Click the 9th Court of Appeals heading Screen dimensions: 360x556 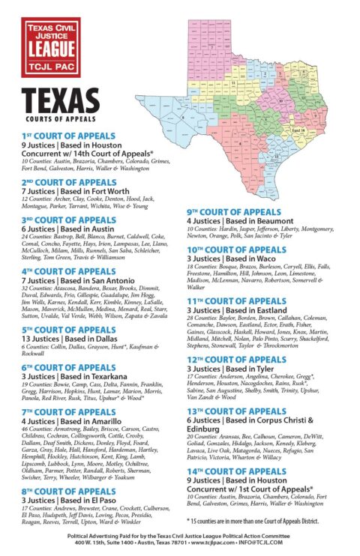pyautogui.click(x=233, y=212)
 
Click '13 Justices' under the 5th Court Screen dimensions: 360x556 pyautogui.click(x=37, y=338)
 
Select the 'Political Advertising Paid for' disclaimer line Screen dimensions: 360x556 pyautogui.click(x=179, y=537)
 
